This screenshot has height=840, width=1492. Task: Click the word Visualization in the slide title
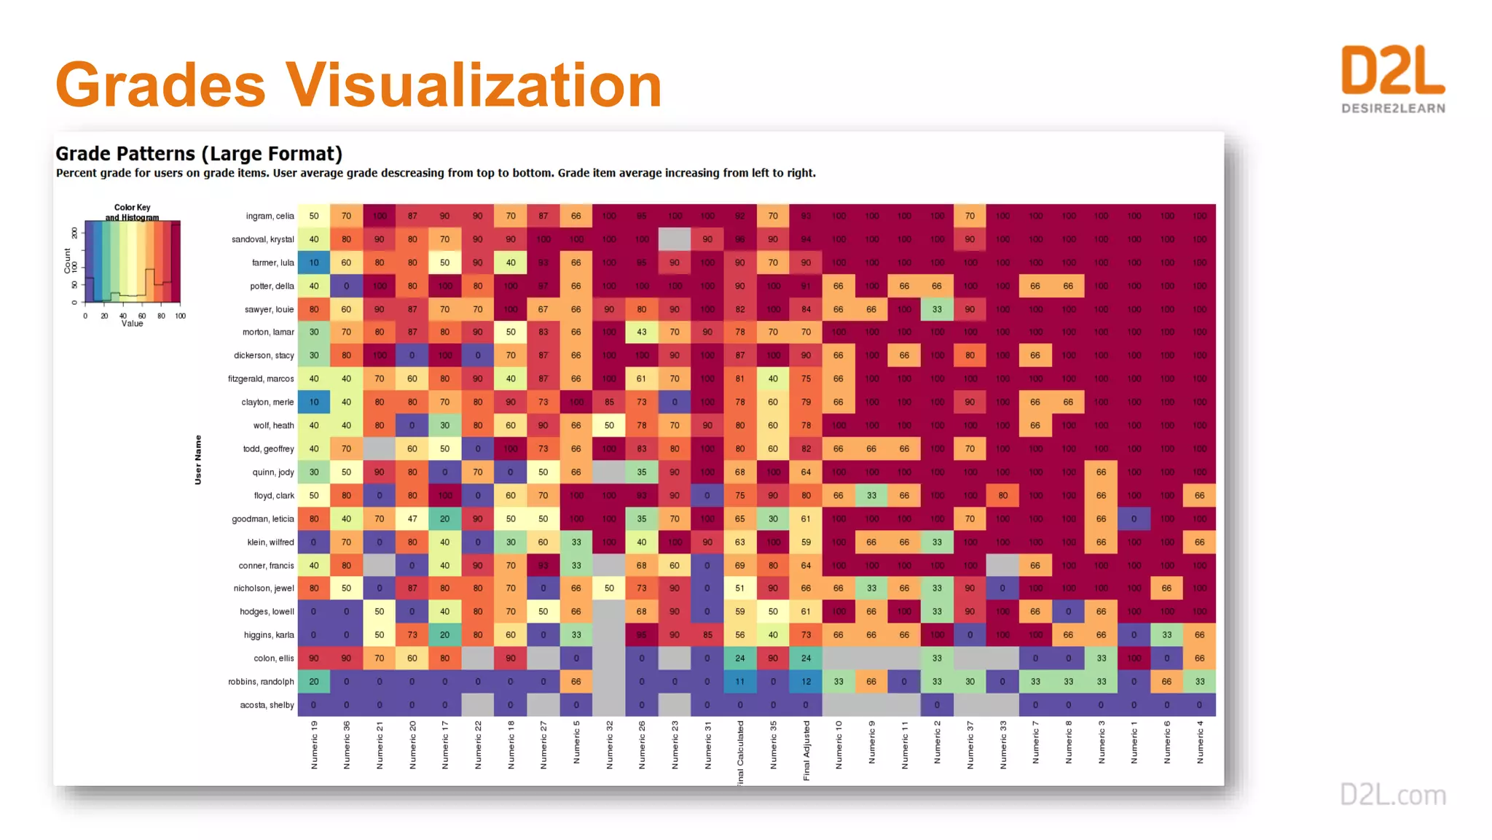coord(474,85)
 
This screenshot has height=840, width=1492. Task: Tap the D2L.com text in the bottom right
coord(1393,795)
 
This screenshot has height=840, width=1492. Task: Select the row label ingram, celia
coord(270,217)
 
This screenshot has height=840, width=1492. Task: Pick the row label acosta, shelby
coord(267,705)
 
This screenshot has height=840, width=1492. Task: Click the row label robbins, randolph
coord(261,682)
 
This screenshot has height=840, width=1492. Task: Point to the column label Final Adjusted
coord(806,750)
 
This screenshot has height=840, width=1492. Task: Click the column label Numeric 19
coord(314,744)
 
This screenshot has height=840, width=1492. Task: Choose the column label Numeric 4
coord(1200,742)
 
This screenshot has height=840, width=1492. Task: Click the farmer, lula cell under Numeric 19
coord(314,262)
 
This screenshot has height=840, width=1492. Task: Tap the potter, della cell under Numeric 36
coord(346,286)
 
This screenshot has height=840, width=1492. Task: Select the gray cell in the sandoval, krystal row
coord(675,239)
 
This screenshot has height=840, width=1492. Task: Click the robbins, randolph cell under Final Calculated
coord(740,682)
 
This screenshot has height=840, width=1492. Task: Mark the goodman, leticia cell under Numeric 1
coord(1134,519)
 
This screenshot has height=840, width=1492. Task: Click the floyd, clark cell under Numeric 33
coord(1003,496)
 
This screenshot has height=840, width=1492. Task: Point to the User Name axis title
coord(197,459)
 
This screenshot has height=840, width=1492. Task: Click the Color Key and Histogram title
coord(132,212)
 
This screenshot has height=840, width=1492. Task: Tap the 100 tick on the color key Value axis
coord(180,316)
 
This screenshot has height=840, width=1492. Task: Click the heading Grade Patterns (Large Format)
coord(199,154)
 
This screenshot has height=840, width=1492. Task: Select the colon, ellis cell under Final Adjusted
coord(806,658)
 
